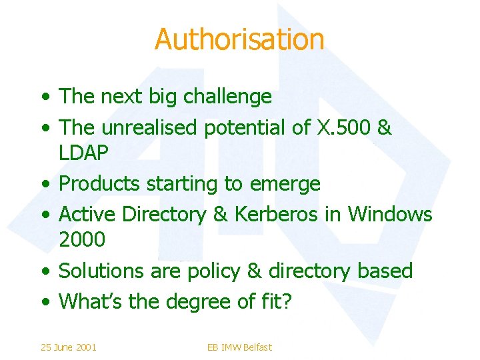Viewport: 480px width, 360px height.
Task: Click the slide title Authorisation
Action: click(239, 39)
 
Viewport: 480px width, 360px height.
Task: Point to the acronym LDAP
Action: click(83, 153)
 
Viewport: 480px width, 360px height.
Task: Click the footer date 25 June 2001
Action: click(68, 347)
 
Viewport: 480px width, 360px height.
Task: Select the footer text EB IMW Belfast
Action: click(239, 347)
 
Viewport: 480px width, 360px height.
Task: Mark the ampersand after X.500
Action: click(384, 127)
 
